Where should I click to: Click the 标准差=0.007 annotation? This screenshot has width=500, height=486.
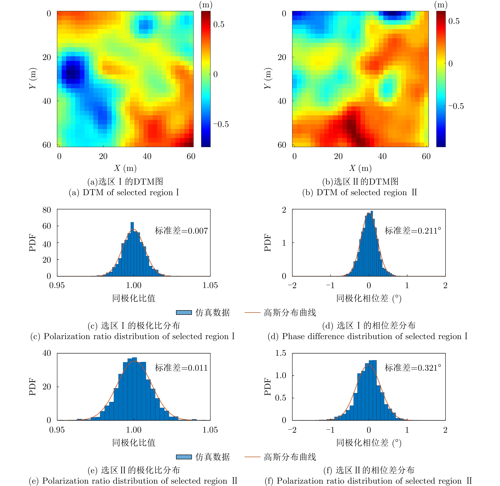[181, 231]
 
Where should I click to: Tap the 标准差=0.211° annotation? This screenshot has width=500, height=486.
[413, 231]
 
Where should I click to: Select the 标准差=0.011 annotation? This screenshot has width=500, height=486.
[181, 368]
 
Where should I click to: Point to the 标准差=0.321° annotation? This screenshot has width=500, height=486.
[413, 368]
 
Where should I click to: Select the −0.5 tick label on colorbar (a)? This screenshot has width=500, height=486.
[221, 124]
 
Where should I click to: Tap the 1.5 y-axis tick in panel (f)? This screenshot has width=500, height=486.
[281, 353]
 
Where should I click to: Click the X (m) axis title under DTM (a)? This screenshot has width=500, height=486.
[125, 168]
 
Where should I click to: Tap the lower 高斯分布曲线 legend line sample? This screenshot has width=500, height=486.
[252, 457]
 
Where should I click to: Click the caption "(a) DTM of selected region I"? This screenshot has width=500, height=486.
[124, 192]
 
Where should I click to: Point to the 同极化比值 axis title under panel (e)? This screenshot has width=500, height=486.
[134, 443]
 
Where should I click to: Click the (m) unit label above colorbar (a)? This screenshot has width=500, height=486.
[206, 5]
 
